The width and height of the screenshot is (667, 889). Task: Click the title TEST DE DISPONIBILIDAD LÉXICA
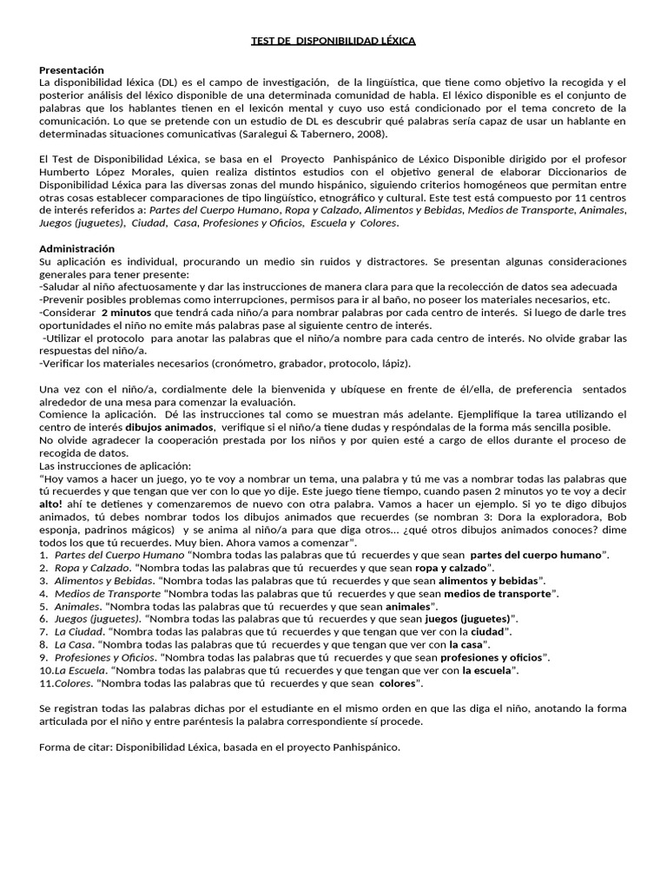333,41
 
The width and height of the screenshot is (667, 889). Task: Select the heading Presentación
71,69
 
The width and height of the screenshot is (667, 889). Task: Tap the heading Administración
76,248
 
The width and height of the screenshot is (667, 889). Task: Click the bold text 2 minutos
126,312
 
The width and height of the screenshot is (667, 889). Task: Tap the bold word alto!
52,503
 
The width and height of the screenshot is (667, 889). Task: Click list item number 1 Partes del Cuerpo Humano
119,555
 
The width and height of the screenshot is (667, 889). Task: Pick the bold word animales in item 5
407,606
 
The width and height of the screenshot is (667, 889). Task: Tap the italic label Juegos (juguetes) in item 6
97,619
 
